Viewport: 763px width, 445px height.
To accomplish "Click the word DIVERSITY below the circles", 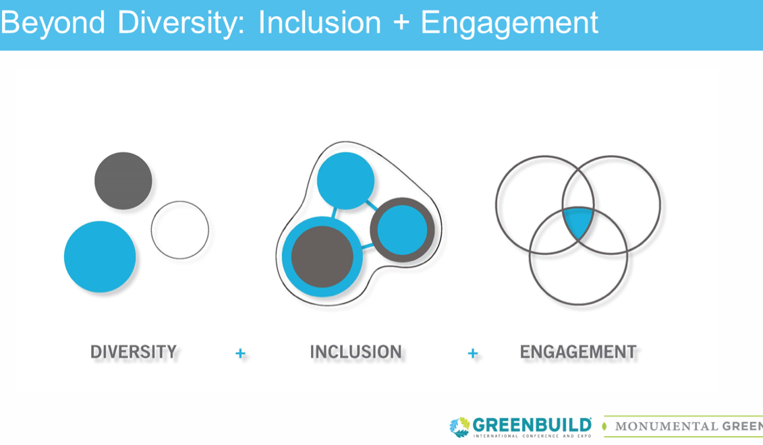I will click(134, 352).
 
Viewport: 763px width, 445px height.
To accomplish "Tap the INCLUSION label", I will click(356, 352).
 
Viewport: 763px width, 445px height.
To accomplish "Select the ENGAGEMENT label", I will click(577, 352).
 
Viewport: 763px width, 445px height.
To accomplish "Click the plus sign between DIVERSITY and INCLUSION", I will click(240, 353).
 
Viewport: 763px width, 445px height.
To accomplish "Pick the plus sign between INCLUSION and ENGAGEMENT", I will click(472, 353).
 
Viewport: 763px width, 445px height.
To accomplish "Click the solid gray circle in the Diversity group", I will click(123, 181).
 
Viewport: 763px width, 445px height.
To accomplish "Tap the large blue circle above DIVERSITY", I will click(100, 257).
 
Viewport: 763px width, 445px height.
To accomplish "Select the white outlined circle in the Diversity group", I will click(179, 230).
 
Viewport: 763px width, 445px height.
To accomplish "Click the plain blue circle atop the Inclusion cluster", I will click(345, 180).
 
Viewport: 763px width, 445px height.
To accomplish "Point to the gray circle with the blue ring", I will click(322, 257).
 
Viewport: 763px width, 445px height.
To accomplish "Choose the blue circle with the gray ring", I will click(402, 230).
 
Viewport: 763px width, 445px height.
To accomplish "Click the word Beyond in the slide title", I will click(53, 23).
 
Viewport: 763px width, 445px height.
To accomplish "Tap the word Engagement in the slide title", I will click(509, 23).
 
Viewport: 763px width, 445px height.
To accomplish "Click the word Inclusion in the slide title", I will click(320, 23).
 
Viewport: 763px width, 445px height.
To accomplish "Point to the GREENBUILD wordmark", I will click(532, 425).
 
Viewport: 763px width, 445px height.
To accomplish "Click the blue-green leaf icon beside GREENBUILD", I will click(459, 427).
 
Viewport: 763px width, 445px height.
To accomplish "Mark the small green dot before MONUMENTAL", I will click(604, 426).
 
